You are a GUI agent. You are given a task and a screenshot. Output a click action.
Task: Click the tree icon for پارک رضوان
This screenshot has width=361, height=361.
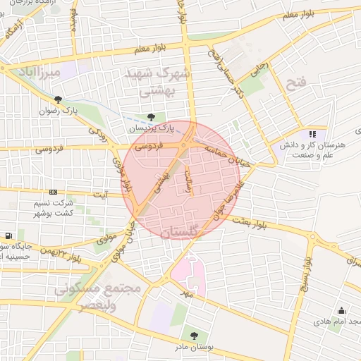click(x=57, y=100)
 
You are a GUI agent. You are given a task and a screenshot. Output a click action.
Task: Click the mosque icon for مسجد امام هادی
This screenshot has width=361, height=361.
click(x=341, y=311)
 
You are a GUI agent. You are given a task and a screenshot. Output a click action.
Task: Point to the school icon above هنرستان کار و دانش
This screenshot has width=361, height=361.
click(x=312, y=134)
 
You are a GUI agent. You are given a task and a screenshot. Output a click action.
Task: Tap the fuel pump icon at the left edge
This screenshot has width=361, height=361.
click(x=7, y=235)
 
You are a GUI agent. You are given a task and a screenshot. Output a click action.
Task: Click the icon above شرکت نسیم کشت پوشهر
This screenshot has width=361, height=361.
click(x=53, y=192)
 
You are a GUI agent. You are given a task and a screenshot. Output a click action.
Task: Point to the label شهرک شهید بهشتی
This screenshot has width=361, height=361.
click(x=157, y=82)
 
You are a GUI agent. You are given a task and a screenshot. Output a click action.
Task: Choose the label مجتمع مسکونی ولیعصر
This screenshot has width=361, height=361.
click(x=99, y=297)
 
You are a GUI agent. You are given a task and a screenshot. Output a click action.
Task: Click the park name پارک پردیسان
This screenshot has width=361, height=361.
click(x=150, y=128)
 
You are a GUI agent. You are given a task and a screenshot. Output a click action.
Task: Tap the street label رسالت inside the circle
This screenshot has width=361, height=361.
click(x=190, y=180)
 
